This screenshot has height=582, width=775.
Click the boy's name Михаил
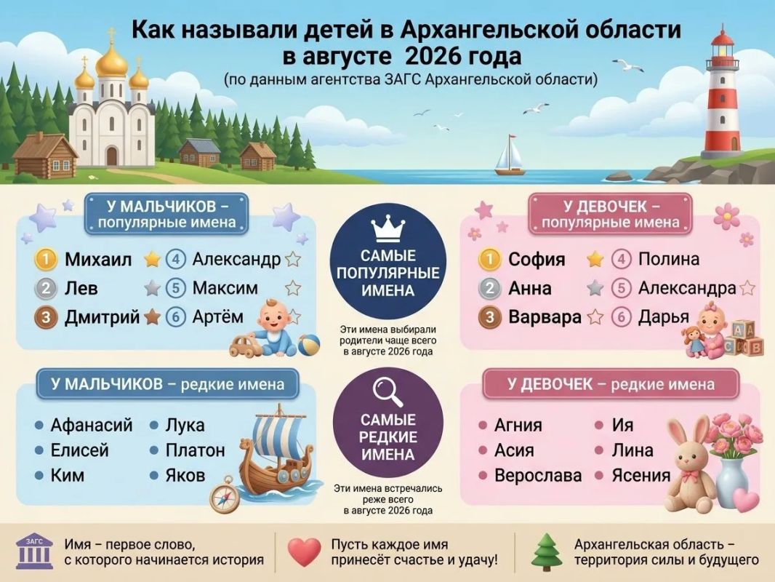pos(98,259)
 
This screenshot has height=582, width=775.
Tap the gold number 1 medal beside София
pos(489,259)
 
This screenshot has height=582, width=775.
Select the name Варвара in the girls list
pos(545,317)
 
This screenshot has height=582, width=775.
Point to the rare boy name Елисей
pos(79,450)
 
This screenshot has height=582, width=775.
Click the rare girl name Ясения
pos(641,475)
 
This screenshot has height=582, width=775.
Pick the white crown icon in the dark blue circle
pos(388,229)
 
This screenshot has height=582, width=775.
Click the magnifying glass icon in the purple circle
pos(388,392)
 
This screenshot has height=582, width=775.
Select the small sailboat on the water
pos(510,155)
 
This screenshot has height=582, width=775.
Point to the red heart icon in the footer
pos(305,552)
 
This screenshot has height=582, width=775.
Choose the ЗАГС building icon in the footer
pos(34,551)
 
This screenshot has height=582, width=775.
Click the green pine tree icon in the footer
pos(547,552)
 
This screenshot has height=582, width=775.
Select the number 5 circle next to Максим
pos(175,288)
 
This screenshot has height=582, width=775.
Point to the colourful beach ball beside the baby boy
pos(309,345)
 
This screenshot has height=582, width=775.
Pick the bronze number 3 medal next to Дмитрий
pos(46,317)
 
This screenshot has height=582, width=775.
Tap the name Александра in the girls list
pos(687,288)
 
